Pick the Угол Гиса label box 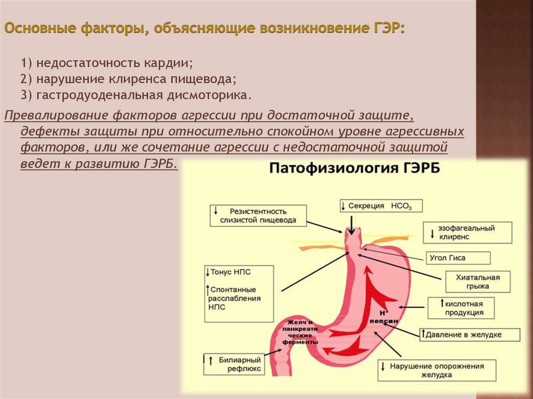[x=458, y=258]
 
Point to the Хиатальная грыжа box [x=476, y=281]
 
